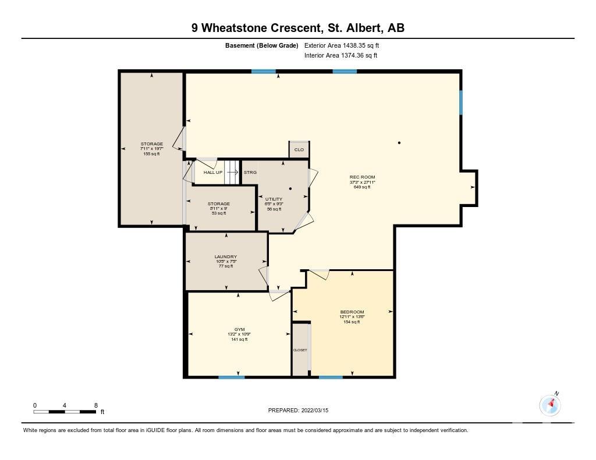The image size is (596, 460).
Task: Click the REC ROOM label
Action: click(x=362, y=177)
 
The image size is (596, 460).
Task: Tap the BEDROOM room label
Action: click(x=352, y=312)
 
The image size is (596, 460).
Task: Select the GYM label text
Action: click(x=239, y=329)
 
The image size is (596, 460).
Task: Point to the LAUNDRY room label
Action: click(x=225, y=257)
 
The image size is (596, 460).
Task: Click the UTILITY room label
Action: click(x=274, y=199)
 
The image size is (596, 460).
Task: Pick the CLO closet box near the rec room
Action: click(x=299, y=149)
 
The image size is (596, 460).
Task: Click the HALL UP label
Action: click(x=213, y=173)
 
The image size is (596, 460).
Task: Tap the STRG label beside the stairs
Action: click(x=250, y=173)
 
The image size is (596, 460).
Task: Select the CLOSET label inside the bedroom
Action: click(x=300, y=350)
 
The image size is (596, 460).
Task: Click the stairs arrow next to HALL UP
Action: click(x=233, y=172)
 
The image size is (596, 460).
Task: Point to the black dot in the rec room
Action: click(x=399, y=143)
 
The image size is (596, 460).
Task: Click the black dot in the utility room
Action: click(x=290, y=188)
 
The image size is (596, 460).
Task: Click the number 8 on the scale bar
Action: click(x=96, y=405)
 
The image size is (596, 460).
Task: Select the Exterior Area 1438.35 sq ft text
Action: click(x=342, y=45)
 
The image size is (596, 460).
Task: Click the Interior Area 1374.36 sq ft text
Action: click(x=341, y=55)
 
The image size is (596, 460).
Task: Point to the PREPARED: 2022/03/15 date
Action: click(x=299, y=410)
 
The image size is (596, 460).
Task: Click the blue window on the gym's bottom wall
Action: click(x=232, y=377)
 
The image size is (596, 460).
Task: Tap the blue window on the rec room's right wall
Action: click(x=461, y=102)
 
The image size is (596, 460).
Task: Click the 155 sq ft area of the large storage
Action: click(x=152, y=154)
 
